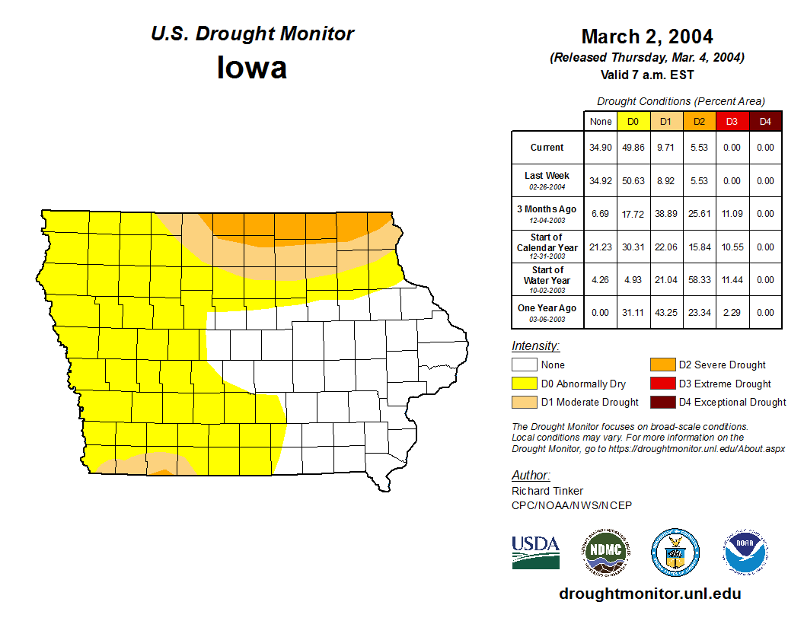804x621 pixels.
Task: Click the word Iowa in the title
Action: [x=252, y=68]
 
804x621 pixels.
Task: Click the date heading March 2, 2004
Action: [x=646, y=37]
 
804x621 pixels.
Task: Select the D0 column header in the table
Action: [x=633, y=121]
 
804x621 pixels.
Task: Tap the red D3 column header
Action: [x=732, y=121]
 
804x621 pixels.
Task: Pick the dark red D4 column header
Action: [x=765, y=121]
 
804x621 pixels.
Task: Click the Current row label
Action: [x=547, y=148]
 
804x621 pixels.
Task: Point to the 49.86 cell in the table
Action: [x=633, y=148]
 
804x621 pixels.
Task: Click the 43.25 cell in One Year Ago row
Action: [x=665, y=313]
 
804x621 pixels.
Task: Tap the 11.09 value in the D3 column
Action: [x=732, y=214]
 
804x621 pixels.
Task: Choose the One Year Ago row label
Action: [x=547, y=308]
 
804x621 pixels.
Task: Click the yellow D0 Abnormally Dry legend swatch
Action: [x=524, y=384]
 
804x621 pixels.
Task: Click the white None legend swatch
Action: [x=524, y=365]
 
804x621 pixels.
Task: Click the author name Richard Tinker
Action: [x=547, y=491]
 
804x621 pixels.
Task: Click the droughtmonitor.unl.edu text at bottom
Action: [x=649, y=594]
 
